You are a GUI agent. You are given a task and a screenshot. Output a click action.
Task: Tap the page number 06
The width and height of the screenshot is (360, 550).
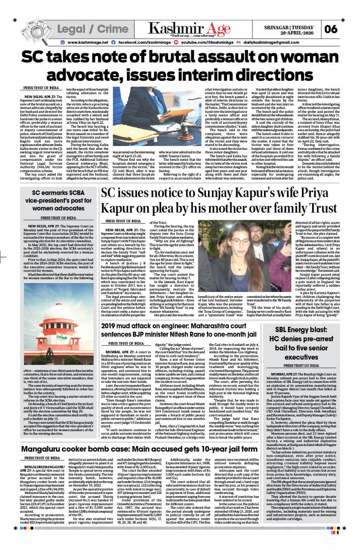point(330,29)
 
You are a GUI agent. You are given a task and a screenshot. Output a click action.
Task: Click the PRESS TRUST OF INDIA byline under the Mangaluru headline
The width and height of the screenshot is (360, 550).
point(42,458)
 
